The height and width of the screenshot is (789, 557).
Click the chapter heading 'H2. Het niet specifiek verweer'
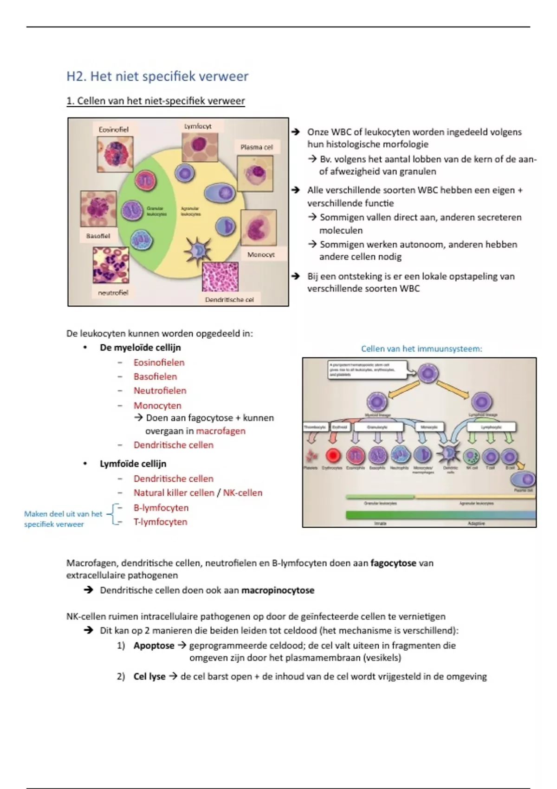point(157,77)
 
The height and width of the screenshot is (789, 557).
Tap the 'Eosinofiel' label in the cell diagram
point(113,129)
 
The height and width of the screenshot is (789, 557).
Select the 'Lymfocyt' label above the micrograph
point(198,126)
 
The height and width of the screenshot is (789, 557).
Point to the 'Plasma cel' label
point(256,147)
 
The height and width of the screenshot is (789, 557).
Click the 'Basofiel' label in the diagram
point(98,236)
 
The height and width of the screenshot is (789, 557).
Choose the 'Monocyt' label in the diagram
point(261,254)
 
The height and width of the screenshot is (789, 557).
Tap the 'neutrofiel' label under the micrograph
point(113,292)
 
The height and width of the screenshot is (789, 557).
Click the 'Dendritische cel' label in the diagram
point(229,299)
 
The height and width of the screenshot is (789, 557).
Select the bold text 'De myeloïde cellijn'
point(140,348)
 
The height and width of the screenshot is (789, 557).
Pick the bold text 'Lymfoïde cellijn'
point(133,464)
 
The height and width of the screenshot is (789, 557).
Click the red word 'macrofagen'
point(220,431)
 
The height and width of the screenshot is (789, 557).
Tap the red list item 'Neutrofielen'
point(160,391)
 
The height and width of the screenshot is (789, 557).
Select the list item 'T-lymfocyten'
point(160,522)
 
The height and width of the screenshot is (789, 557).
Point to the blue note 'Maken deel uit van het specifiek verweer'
point(63,519)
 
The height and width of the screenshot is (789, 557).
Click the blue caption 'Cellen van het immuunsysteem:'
point(421,349)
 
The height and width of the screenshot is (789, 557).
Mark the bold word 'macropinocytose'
point(278,590)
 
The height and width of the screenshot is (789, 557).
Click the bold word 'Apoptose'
point(154,646)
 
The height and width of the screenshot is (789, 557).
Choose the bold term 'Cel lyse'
point(149,677)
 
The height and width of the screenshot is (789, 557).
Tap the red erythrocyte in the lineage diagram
point(332,456)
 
